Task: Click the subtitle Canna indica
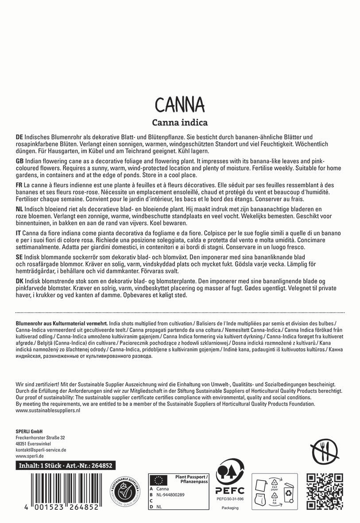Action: [180, 122]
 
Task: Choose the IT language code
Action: [18, 232]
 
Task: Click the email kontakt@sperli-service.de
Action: [41, 449]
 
